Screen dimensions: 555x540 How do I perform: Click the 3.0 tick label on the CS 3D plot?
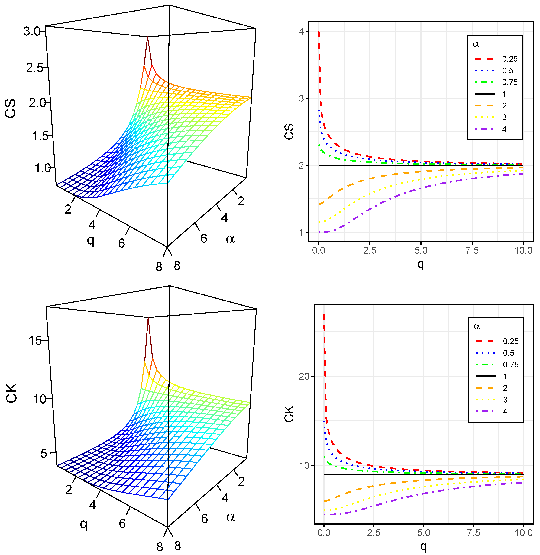click(32, 31)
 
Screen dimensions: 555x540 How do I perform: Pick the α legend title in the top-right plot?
click(476, 44)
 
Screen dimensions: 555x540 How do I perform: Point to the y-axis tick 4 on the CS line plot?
click(301, 31)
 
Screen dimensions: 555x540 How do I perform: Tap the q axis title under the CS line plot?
click(421, 264)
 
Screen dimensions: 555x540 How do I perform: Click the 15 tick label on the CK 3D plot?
click(35, 340)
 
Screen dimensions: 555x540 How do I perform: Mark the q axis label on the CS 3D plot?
click(90, 240)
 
